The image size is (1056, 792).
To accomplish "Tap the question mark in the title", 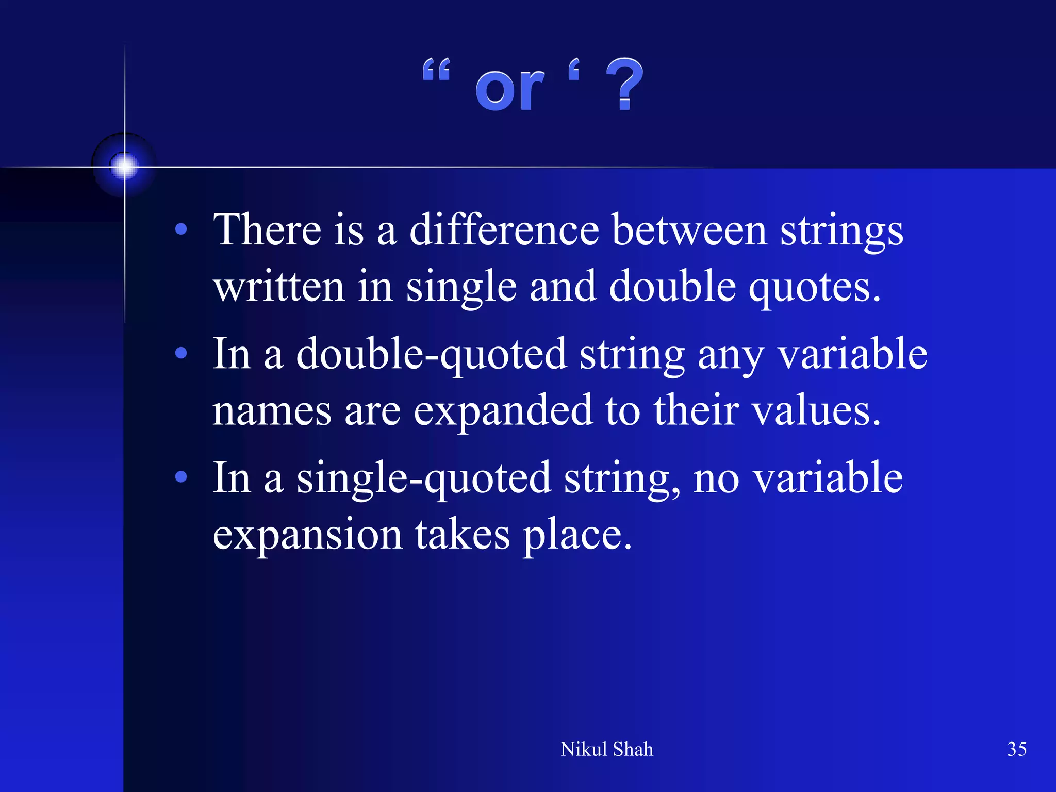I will click(624, 84).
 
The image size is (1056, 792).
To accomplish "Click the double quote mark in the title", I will click(436, 70).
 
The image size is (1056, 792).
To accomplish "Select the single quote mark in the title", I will click(574, 70).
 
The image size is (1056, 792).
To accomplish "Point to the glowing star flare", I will click(124, 166).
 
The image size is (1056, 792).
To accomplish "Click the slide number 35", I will click(1017, 749).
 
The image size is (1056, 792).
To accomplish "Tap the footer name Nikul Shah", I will click(606, 749).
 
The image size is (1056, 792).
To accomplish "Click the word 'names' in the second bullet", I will click(272, 411).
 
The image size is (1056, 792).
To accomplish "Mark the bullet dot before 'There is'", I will click(181, 229).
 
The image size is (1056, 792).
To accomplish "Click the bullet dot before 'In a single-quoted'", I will click(181, 477).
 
